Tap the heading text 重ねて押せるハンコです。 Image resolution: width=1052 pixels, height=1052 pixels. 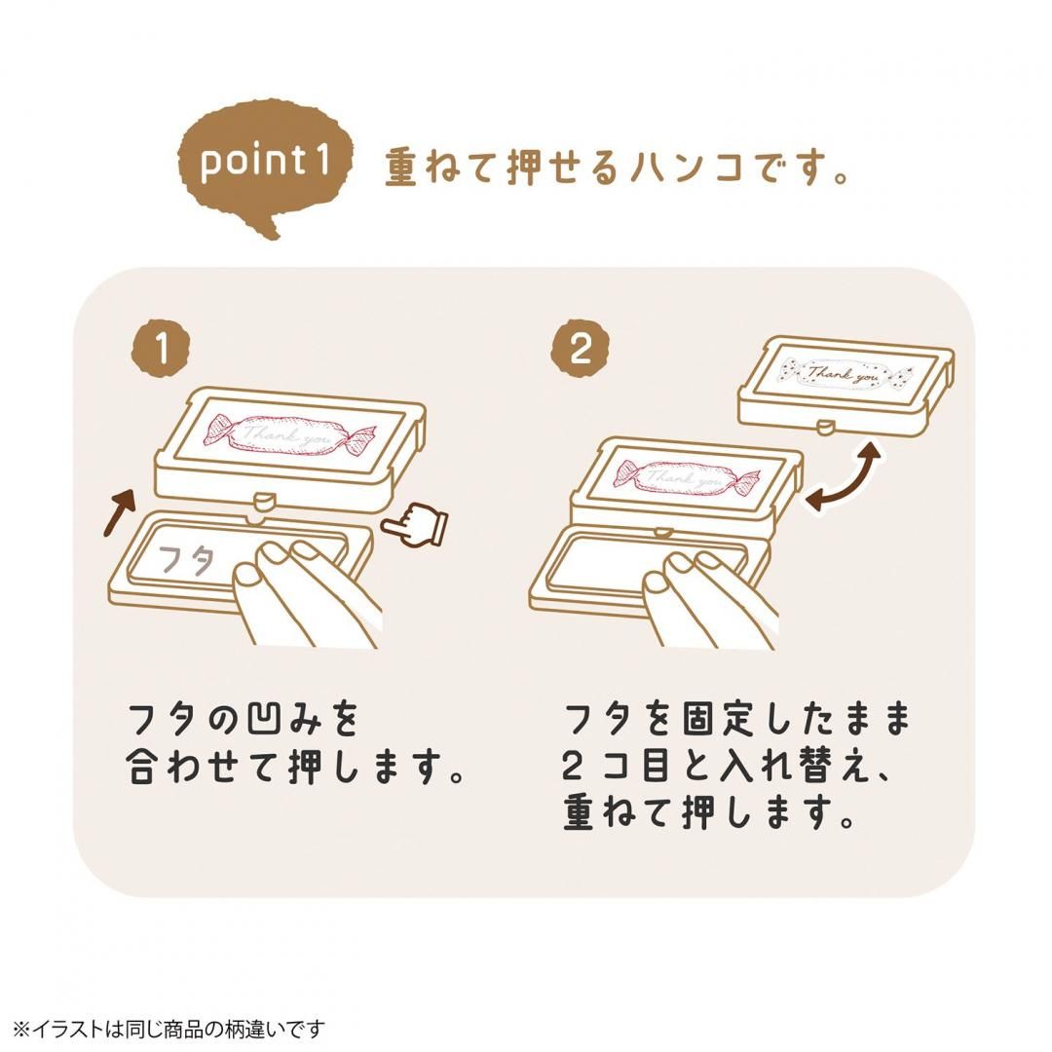coord(618,168)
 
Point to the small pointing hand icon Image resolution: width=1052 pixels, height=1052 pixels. coord(415,526)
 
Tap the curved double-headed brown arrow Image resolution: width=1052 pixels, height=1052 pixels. coord(844,477)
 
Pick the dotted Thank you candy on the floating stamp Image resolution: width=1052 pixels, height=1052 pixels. coord(845,374)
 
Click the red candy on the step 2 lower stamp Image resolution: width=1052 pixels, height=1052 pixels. coord(687,477)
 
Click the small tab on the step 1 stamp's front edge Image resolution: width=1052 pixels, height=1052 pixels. coord(261,502)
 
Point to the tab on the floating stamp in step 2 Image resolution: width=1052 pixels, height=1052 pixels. coord(825,426)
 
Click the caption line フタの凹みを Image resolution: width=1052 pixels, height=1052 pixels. coord(244,722)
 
